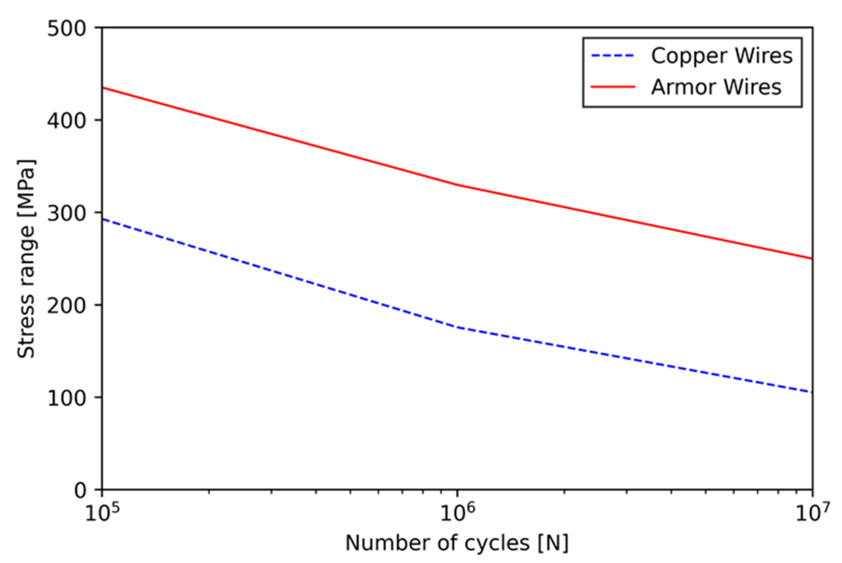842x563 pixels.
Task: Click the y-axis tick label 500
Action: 67,29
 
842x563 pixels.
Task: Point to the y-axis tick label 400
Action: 67,121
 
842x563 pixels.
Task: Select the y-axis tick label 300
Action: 67,214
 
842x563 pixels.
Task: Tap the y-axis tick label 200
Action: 67,306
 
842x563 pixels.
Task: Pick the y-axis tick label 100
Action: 67,398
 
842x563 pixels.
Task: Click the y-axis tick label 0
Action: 81,490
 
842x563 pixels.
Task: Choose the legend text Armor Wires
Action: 716,87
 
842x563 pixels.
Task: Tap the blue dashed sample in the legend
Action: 613,56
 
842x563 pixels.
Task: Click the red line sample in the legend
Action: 613,87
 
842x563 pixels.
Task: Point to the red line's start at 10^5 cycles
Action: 103,88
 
